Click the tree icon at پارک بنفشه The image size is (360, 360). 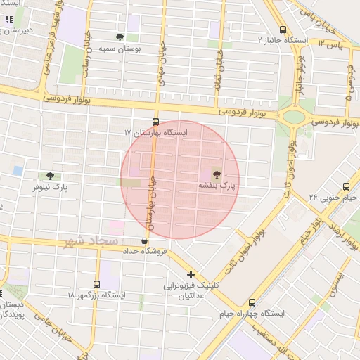[x=215, y=173]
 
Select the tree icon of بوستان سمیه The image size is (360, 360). [x=120, y=37]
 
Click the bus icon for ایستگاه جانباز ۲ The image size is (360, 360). [x=283, y=30]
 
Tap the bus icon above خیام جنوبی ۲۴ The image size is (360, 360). [x=345, y=186]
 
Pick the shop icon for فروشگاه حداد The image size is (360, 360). [x=144, y=240]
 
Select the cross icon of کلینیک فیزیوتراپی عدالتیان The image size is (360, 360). [x=190, y=274]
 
